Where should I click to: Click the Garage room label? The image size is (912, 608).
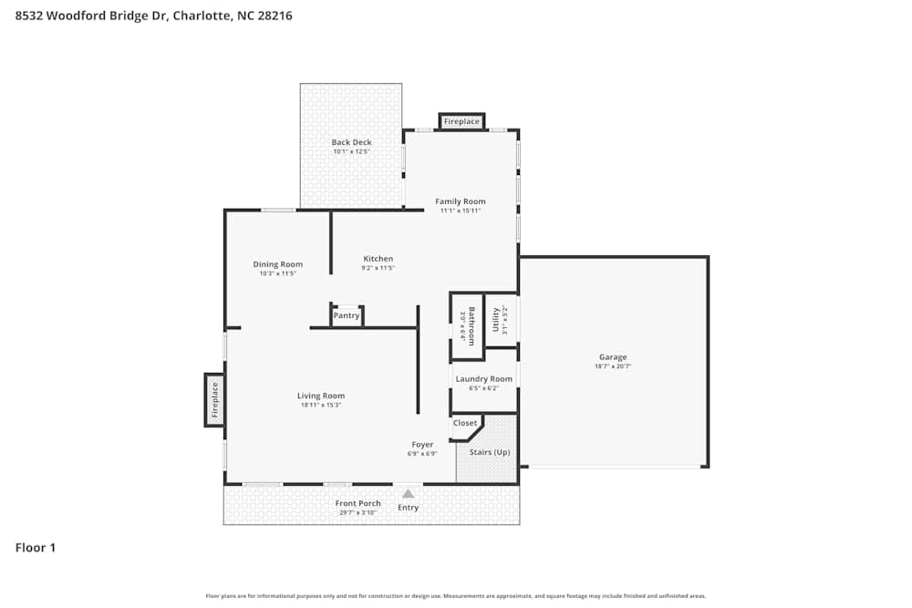point(613,357)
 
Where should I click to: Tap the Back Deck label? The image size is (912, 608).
point(351,142)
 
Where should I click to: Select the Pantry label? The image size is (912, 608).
point(347,316)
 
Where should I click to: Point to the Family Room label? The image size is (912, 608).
point(461,201)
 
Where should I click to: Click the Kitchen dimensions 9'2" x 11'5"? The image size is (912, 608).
point(378,269)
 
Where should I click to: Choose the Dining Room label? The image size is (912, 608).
point(277,264)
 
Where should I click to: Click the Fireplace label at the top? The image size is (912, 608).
point(461,121)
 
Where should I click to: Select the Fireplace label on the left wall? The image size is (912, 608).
point(215,399)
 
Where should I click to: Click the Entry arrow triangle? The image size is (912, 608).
point(408,494)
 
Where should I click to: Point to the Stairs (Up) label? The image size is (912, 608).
point(490,452)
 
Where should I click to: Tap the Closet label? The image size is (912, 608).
point(465,423)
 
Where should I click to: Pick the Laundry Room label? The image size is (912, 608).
point(484,378)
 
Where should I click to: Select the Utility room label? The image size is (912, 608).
point(496,321)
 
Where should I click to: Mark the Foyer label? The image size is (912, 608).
point(422,445)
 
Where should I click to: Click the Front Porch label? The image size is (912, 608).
point(358,503)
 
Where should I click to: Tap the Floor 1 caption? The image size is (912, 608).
point(36,548)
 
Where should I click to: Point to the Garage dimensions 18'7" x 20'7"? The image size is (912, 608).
point(613,366)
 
